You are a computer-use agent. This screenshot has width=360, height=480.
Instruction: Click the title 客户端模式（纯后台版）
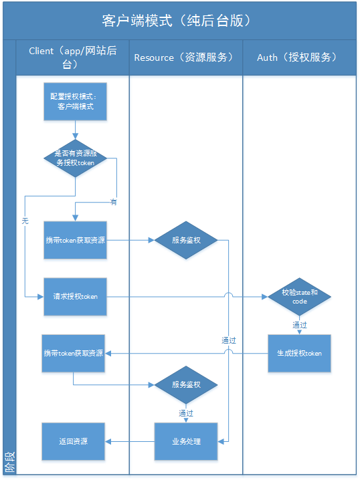pyautogui.click(x=180, y=21)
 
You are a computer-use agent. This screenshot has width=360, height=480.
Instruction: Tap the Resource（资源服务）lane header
pyautogui.click(x=185, y=57)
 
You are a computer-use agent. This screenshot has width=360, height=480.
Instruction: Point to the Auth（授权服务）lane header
pyautogui.click(x=298, y=57)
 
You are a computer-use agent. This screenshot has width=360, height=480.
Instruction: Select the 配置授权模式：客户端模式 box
pyautogui.click(x=75, y=102)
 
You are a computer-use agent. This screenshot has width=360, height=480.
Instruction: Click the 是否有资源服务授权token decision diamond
pyautogui.click(x=75, y=158)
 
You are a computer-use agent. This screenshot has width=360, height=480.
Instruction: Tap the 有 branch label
pyautogui.click(x=113, y=202)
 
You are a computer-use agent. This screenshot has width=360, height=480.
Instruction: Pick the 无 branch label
pyautogui.click(x=25, y=221)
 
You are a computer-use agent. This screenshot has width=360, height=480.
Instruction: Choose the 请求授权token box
pyautogui.click(x=75, y=296)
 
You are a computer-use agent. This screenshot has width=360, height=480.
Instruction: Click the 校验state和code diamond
pyautogui.click(x=299, y=296)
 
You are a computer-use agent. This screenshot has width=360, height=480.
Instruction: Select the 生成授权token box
pyautogui.click(x=299, y=353)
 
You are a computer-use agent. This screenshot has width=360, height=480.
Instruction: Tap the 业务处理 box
pyautogui.click(x=186, y=441)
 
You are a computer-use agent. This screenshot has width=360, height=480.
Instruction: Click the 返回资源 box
pyautogui.click(x=73, y=441)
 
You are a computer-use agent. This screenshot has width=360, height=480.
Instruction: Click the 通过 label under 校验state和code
pyautogui.click(x=299, y=325)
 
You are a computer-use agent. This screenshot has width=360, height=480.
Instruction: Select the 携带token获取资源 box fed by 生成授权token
pyautogui.click(x=73, y=353)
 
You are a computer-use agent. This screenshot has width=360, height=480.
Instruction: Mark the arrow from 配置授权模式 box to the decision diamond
pyautogui.click(x=75, y=129)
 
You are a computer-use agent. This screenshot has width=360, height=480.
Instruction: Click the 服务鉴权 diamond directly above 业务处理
pyautogui.click(x=186, y=385)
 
